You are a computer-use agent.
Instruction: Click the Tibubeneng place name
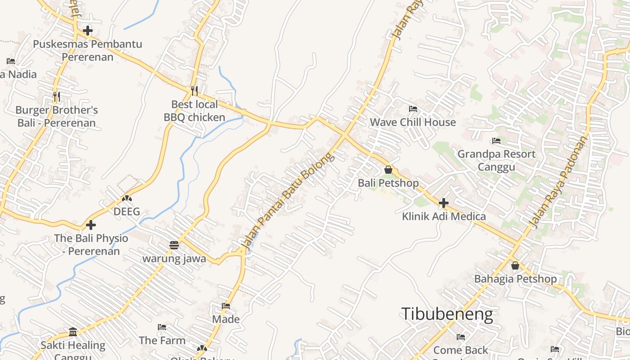click(446, 314)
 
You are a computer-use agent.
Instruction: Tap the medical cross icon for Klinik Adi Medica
click(444, 203)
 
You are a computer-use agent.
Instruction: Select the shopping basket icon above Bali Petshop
click(388, 170)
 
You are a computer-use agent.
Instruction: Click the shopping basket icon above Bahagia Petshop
click(515, 265)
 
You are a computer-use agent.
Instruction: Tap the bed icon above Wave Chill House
click(413, 109)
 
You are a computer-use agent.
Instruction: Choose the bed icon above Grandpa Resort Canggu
click(496, 141)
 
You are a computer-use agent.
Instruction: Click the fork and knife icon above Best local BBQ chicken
click(194, 91)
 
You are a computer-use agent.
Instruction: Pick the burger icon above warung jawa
click(174, 245)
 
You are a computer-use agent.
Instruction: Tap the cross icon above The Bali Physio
click(91, 225)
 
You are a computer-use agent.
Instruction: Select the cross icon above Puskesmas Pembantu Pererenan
click(88, 31)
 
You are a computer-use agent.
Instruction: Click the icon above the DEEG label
click(127, 198)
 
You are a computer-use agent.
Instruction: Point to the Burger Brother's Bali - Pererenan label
click(57, 117)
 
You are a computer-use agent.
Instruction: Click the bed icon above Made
click(226, 306)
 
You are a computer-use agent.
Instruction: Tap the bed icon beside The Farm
click(162, 327)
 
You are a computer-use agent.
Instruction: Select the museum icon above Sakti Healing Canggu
click(73, 332)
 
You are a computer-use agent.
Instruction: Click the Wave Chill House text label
click(413, 122)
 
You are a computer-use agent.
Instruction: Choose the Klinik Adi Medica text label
click(444, 216)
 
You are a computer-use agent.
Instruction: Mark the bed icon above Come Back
click(460, 337)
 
